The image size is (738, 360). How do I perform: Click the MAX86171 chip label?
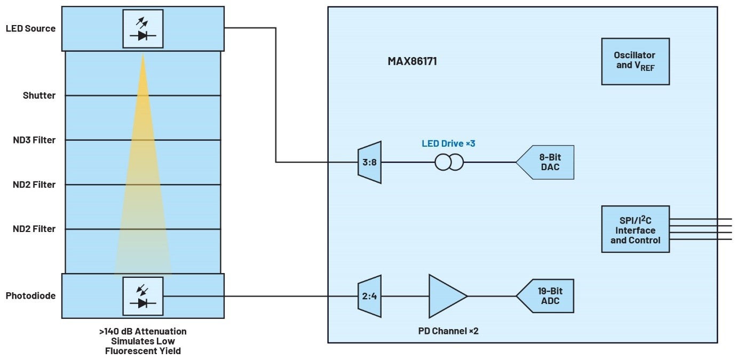[x=412, y=61]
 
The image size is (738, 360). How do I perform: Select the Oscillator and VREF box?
[x=634, y=61]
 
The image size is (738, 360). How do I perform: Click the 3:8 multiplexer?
[x=369, y=162]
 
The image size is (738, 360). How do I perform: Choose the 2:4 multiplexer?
[x=369, y=296]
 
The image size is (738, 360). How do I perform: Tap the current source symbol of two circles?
[x=450, y=162]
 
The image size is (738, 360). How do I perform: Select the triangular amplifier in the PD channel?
[x=446, y=296]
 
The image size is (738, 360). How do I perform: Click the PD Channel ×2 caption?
[x=448, y=331]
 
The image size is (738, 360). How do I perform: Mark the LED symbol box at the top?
[x=142, y=29]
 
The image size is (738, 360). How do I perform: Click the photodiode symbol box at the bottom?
[x=142, y=296]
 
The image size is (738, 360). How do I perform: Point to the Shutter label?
[x=39, y=95]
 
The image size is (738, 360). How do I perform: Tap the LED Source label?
[x=30, y=28]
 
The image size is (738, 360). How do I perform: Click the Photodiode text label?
[x=30, y=296]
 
